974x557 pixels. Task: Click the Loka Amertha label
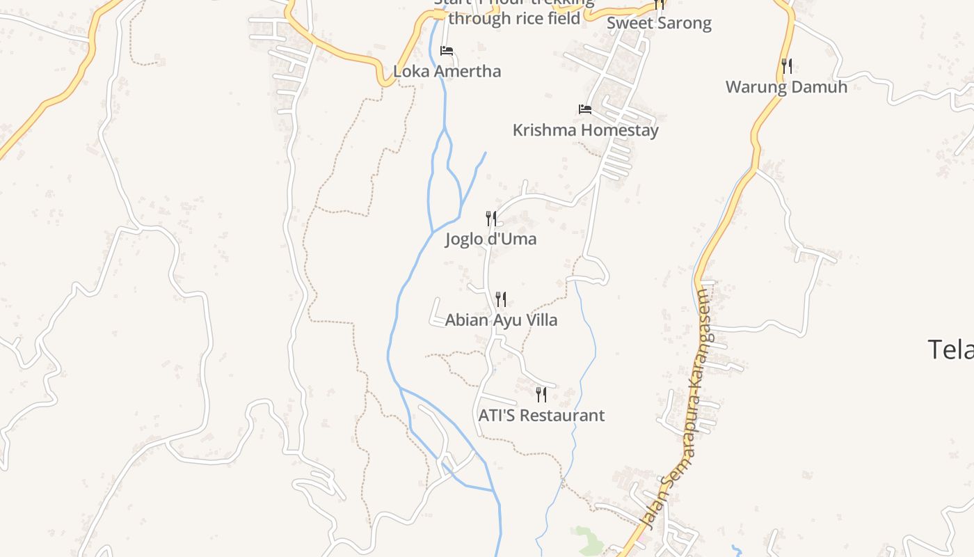pyautogui.click(x=447, y=71)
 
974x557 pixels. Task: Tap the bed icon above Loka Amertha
pyautogui.click(x=447, y=51)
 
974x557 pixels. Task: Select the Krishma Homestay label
pyautogui.click(x=585, y=130)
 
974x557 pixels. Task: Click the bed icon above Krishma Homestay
pyautogui.click(x=585, y=109)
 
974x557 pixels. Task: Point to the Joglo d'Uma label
pyautogui.click(x=490, y=240)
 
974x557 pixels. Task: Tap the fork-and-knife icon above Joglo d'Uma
pyautogui.click(x=491, y=219)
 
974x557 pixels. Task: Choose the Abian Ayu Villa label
pyautogui.click(x=501, y=320)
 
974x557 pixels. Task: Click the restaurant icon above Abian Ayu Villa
pyautogui.click(x=501, y=299)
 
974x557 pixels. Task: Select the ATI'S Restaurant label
pyautogui.click(x=541, y=416)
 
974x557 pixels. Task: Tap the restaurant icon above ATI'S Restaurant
pyautogui.click(x=541, y=395)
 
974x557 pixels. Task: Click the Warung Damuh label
pyautogui.click(x=786, y=87)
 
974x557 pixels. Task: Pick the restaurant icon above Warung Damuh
pyautogui.click(x=787, y=66)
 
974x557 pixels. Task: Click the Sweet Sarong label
pyautogui.click(x=659, y=23)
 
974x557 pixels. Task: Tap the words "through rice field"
pyautogui.click(x=513, y=18)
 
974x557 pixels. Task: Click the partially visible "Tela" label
pyautogui.click(x=950, y=349)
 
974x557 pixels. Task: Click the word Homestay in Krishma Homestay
pyautogui.click(x=619, y=130)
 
